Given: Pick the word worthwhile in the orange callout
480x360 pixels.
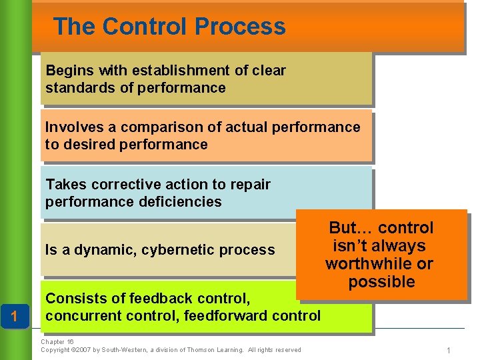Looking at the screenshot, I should click(379, 264).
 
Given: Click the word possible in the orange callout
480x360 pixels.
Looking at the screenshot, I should click(381, 282).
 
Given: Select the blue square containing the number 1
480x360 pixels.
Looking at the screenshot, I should click(15, 315).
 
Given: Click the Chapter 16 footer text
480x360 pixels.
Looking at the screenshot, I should click(57, 342).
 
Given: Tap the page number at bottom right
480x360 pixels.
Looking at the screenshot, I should click(449, 350).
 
